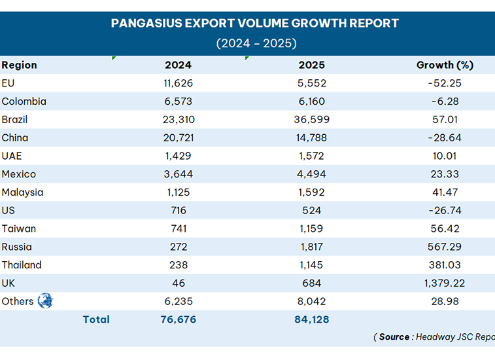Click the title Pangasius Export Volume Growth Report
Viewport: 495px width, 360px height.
coord(254,24)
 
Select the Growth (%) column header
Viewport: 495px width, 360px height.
coord(445,65)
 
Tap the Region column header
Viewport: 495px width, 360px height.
coord(20,65)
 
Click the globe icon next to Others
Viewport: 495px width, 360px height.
coord(45,301)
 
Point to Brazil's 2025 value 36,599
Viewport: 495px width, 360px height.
coord(312,120)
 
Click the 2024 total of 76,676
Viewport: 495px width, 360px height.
coord(178,319)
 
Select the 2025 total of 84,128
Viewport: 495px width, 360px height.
coord(312,319)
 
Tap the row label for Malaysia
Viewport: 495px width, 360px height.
coord(23,192)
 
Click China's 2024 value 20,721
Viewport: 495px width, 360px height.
coord(178,138)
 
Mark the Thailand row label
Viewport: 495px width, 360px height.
coord(22,265)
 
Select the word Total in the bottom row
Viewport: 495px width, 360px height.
coord(96,319)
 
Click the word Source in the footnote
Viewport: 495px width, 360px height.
coord(394,337)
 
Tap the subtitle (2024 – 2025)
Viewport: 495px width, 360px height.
coord(256,43)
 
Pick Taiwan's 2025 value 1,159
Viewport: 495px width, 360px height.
coord(312,228)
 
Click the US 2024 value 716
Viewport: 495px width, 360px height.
coord(178,211)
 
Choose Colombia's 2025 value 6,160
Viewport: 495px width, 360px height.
coord(312,101)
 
